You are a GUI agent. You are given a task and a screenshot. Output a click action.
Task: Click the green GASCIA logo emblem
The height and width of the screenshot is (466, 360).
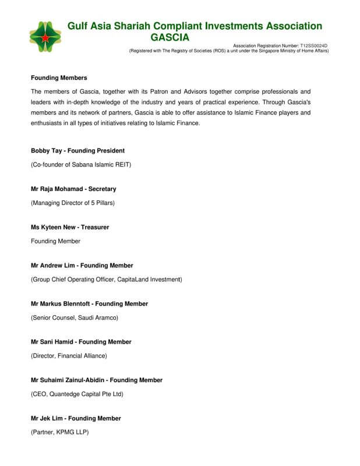pyautogui.click(x=45, y=37)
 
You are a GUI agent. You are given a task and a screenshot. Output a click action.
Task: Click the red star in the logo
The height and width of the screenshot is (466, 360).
pyautogui.click(x=45, y=38)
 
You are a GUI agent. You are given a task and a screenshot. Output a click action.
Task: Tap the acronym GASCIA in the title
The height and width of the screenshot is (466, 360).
pyautogui.click(x=170, y=37)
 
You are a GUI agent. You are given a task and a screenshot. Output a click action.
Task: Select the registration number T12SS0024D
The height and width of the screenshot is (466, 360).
pyautogui.click(x=314, y=45)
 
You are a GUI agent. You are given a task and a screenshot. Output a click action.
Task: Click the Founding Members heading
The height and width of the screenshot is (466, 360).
pyautogui.click(x=59, y=78)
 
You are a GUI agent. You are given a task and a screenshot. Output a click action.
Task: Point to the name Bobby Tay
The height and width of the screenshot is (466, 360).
pyautogui.click(x=45, y=151)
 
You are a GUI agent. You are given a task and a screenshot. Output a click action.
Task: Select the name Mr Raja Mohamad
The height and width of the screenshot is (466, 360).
pyautogui.click(x=56, y=189)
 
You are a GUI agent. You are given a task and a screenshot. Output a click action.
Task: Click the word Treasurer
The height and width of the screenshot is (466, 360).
pyautogui.click(x=95, y=227)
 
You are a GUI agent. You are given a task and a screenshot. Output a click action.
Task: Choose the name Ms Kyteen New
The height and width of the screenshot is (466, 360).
pyautogui.click(x=54, y=227)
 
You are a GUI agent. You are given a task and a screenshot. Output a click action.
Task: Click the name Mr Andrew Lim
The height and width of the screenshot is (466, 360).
pyautogui.click(x=53, y=266)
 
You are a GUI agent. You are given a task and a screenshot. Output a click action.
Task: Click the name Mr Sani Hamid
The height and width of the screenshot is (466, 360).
pyautogui.click(x=52, y=342)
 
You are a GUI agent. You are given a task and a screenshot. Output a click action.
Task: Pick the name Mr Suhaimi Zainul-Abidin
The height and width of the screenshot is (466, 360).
pyautogui.click(x=68, y=380)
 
